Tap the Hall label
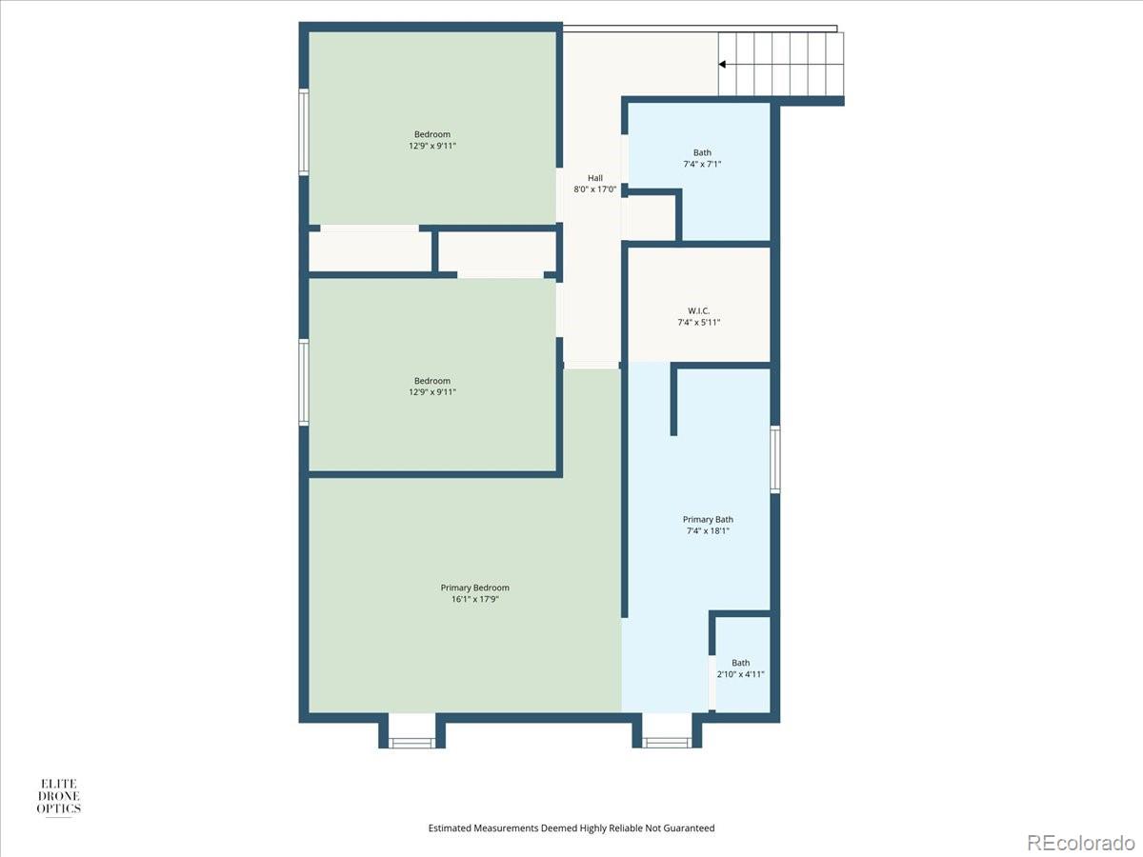[594, 178]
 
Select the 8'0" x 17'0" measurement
[594, 189]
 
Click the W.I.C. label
[698, 310]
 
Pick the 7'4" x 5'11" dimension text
[698, 323]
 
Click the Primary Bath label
[708, 519]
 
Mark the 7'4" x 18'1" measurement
[708, 531]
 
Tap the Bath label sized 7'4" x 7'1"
[702, 152]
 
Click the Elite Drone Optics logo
[58, 796]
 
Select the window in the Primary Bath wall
[775, 459]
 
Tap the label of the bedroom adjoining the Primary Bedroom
[432, 381]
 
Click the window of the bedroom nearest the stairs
[304, 131]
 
